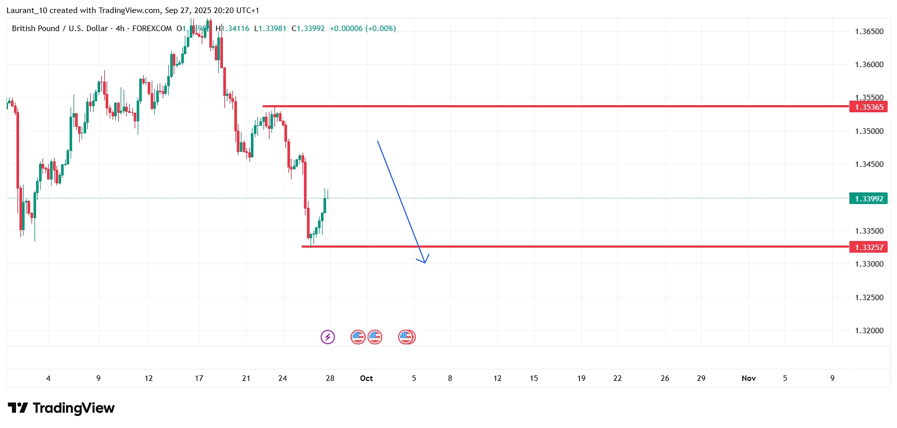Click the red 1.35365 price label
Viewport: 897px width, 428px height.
click(868, 107)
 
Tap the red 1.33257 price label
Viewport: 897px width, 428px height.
click(868, 247)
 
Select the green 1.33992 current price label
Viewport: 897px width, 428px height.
click(868, 198)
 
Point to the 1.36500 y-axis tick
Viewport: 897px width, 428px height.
click(869, 32)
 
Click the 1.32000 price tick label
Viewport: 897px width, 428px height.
click(869, 331)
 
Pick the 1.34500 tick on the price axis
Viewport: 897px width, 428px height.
click(869, 164)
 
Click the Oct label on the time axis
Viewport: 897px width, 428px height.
click(366, 378)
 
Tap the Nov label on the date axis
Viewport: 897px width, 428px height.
click(748, 378)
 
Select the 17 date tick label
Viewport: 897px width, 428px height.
click(199, 378)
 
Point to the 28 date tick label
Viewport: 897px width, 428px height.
click(330, 378)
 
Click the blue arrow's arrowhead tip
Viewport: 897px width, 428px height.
click(425, 263)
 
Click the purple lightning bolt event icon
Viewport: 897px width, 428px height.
click(328, 337)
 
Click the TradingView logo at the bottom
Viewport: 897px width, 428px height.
click(61, 408)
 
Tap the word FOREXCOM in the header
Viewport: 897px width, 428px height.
click(152, 29)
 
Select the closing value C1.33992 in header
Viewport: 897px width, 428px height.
click(308, 29)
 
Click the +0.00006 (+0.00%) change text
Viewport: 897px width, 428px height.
click(363, 29)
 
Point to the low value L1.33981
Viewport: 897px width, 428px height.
click(270, 29)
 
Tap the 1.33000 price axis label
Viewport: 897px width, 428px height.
click(869, 264)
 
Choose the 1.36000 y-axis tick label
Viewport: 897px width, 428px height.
click(869, 65)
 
